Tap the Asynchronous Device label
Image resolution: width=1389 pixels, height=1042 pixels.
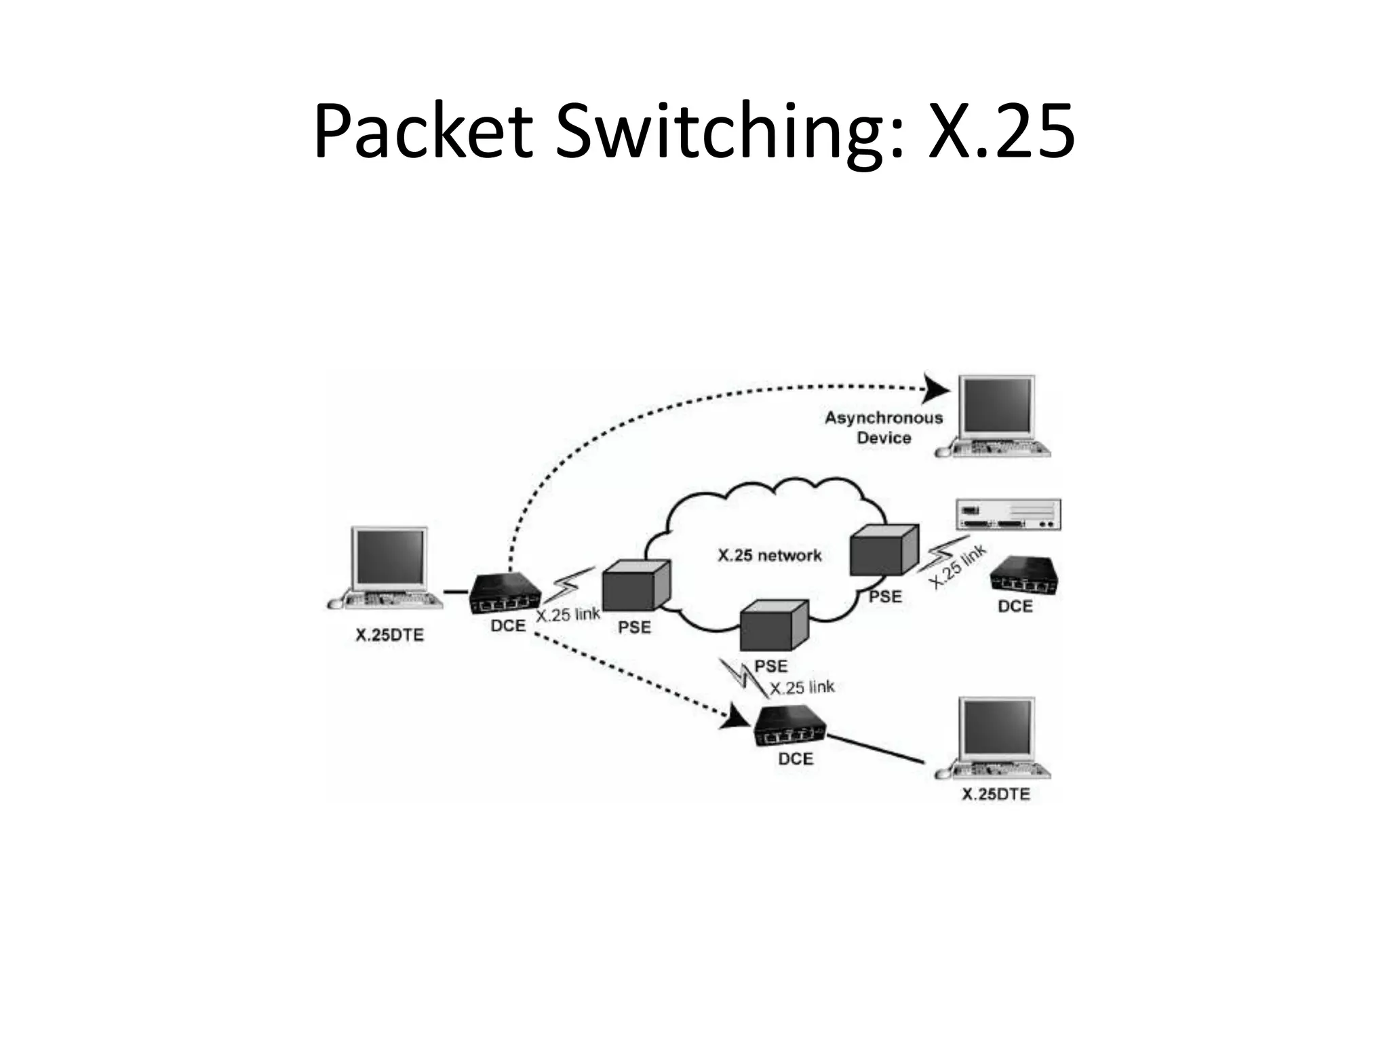click(x=883, y=427)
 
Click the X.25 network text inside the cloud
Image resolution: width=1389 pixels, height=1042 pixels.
click(x=769, y=556)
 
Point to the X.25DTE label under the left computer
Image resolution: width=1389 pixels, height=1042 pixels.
click(x=389, y=635)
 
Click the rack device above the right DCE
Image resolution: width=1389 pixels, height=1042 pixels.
click(x=1008, y=515)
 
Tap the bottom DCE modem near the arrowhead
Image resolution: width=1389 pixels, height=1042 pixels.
click(x=792, y=727)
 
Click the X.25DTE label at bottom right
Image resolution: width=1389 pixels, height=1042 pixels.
click(x=995, y=794)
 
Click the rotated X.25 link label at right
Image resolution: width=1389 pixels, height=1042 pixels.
click(x=957, y=566)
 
